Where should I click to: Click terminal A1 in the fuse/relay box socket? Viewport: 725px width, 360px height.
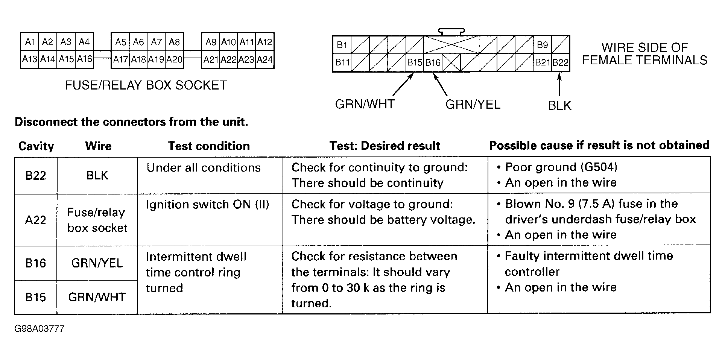tap(30, 42)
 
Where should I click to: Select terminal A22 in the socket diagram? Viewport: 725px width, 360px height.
tap(228, 60)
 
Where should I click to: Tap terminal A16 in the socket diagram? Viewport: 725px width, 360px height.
tap(84, 59)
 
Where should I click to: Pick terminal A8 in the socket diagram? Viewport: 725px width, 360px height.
tap(174, 42)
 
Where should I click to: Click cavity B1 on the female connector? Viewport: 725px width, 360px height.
tap(342, 45)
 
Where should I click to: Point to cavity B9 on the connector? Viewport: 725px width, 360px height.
tap(542, 45)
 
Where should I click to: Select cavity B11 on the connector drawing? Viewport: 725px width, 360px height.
tap(342, 62)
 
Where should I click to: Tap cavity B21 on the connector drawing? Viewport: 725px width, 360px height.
tap(543, 62)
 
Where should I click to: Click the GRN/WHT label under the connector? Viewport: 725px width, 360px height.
tap(365, 104)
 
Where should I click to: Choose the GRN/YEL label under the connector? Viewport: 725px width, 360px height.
tap(473, 104)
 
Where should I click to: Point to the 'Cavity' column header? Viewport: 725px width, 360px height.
tap(36, 146)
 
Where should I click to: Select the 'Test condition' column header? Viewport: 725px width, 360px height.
tap(209, 146)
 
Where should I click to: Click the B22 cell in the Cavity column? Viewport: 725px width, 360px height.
tap(36, 175)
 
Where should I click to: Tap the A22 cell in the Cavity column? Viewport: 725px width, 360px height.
tap(35, 220)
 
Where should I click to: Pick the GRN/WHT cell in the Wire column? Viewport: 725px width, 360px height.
tap(97, 297)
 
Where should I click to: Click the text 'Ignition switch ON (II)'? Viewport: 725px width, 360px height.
tap(208, 204)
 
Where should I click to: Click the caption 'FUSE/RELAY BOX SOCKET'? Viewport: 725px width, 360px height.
tap(146, 85)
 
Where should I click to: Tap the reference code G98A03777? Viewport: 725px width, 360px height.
tap(39, 329)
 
